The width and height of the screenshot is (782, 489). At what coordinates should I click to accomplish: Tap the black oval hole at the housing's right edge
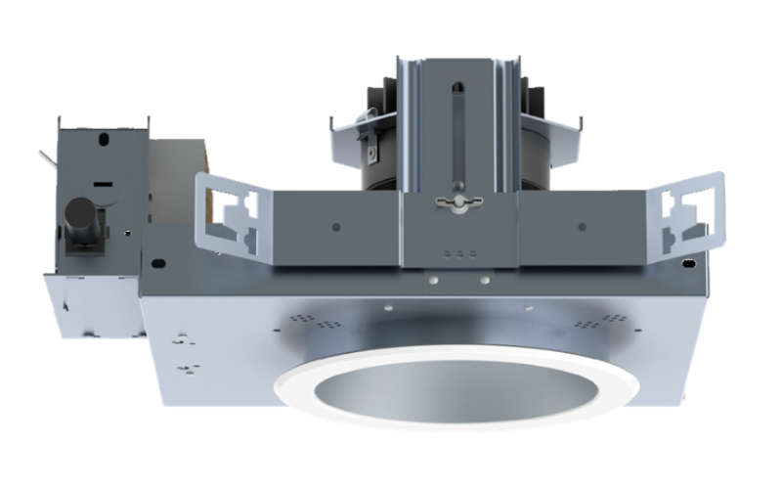point(691,263)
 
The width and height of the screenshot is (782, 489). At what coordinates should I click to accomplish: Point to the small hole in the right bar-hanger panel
point(583,227)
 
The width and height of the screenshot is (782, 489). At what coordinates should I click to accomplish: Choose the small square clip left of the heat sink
point(372,154)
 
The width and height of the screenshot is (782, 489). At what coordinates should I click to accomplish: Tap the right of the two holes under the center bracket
point(483,279)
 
